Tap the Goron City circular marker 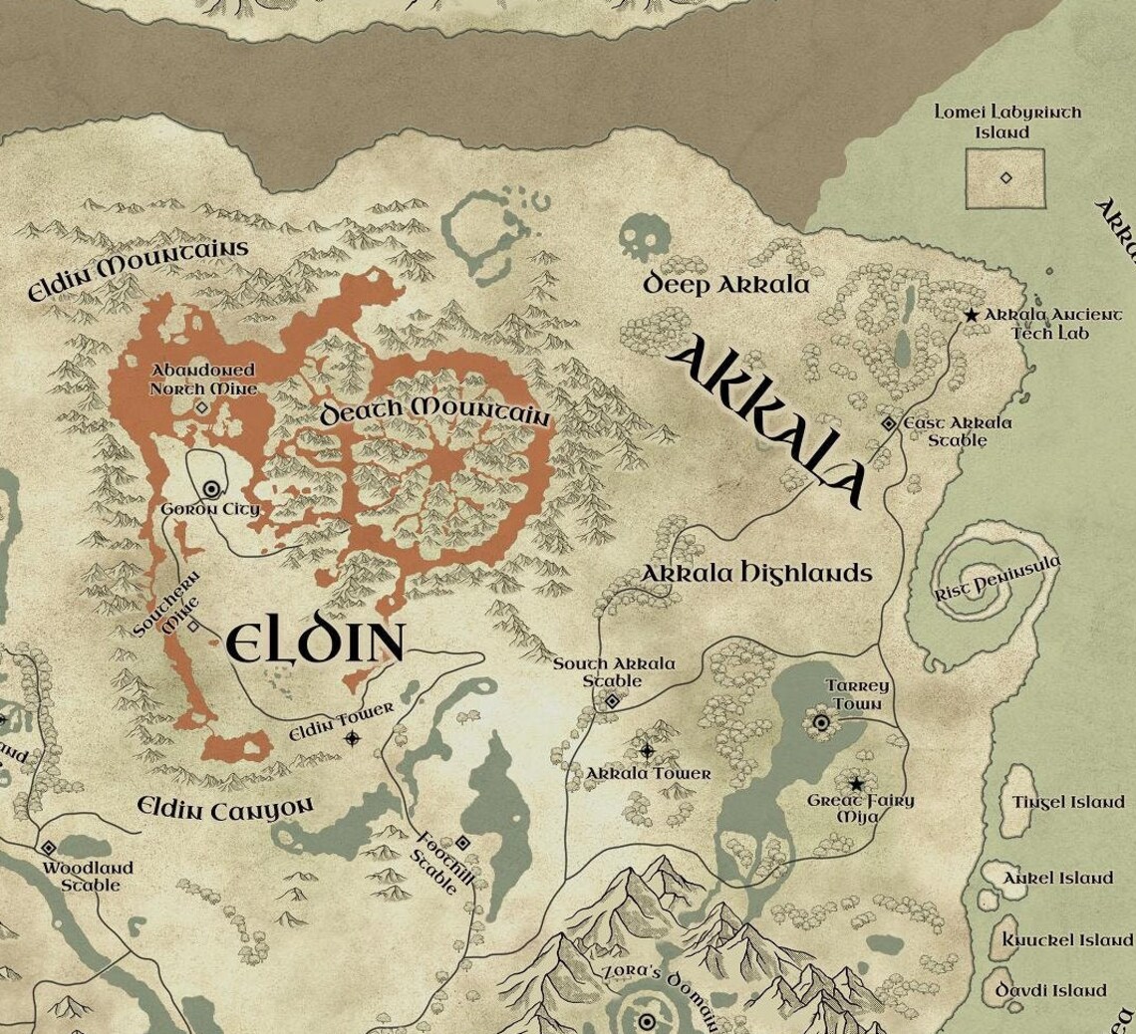[211, 489]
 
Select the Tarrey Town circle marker [821, 723]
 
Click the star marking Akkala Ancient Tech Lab [972, 315]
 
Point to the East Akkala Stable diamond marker [888, 424]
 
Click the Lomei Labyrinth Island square [1005, 178]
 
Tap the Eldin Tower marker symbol [352, 738]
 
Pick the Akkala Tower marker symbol [647, 750]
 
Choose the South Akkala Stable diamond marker [613, 702]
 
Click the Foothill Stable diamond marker [462, 844]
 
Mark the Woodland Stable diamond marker [48, 848]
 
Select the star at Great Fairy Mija [856, 784]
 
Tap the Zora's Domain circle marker [646, 1021]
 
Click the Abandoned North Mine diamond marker [200, 407]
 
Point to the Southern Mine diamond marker [193, 626]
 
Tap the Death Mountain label [434, 411]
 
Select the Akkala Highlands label [755, 574]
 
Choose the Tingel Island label [1067, 802]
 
